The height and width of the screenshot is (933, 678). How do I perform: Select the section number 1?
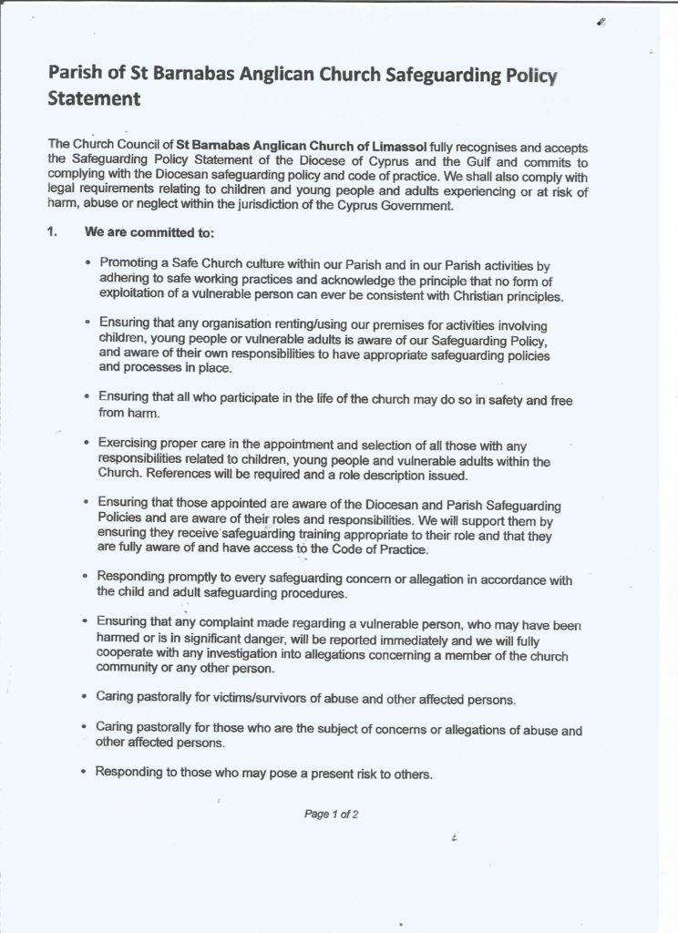pyautogui.click(x=53, y=232)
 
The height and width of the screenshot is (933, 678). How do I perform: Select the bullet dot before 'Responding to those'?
pyautogui.click(x=85, y=774)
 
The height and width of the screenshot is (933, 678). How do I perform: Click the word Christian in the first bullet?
pyautogui.click(x=462, y=297)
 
